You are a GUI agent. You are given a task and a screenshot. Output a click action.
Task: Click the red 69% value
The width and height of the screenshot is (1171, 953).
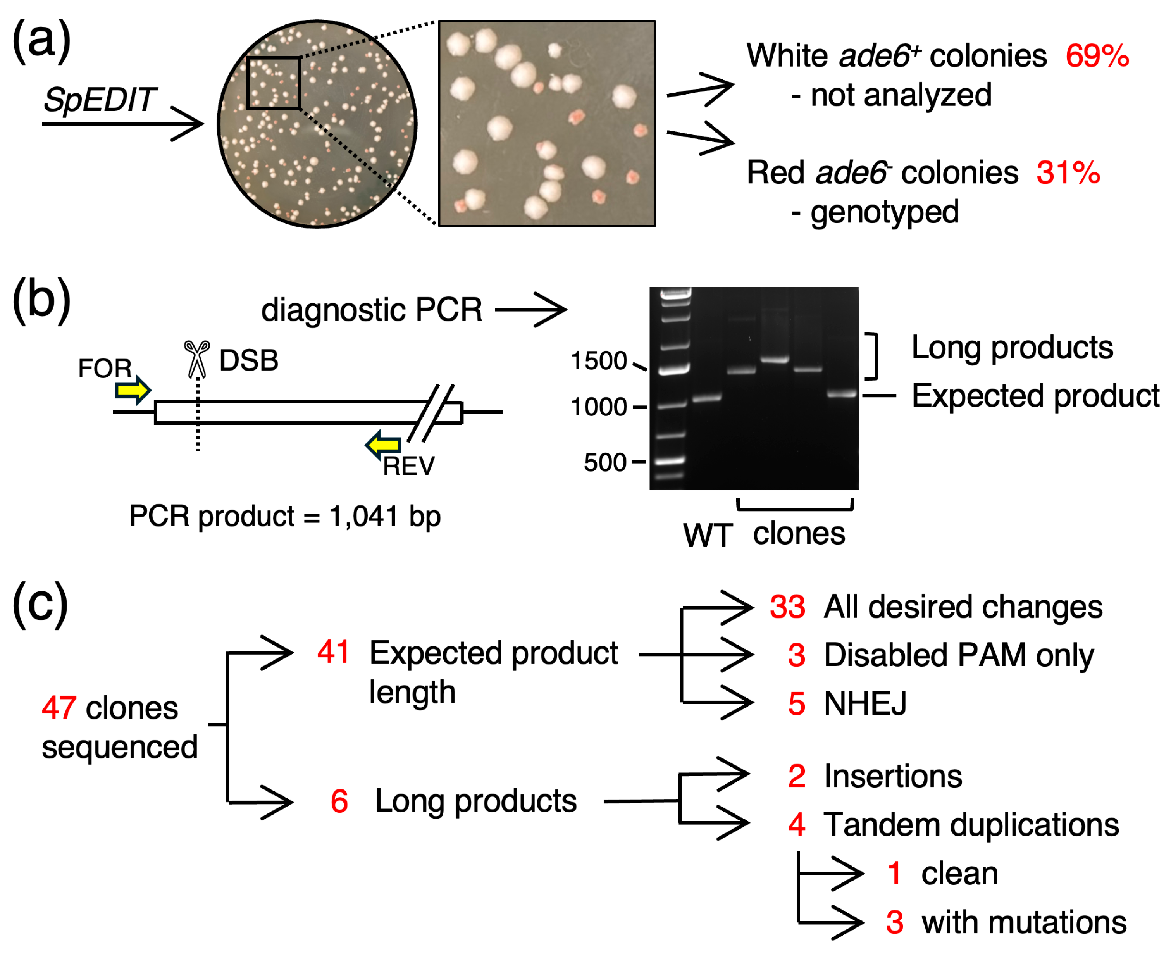click(x=1096, y=56)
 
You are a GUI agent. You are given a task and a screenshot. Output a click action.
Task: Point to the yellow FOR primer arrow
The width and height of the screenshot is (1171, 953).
click(x=132, y=390)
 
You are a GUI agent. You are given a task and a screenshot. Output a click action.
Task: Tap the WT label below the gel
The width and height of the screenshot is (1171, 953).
click(x=707, y=535)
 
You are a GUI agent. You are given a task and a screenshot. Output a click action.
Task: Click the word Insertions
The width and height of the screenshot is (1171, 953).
click(x=892, y=775)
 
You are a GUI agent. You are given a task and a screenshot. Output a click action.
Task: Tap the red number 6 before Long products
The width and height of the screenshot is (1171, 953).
click(x=339, y=801)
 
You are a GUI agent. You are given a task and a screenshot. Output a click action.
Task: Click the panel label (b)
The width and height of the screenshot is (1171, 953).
click(x=41, y=300)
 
